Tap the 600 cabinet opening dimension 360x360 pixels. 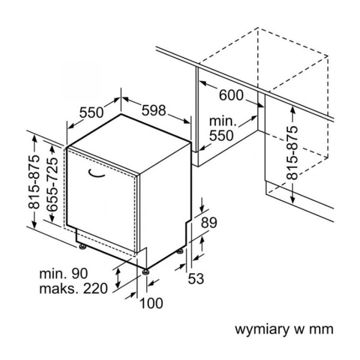[x=231, y=96]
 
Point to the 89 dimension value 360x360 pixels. [x=209, y=223]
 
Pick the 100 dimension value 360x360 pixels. [x=152, y=303]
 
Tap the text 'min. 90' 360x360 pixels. [x=63, y=274]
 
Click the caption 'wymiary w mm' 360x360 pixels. [x=284, y=329]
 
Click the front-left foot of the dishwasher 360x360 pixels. [x=82, y=246]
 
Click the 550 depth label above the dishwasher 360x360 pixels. [x=91, y=112]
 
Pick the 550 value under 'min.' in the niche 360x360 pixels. [x=220, y=136]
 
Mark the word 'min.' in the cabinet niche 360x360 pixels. [x=223, y=120]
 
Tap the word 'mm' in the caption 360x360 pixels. [x=322, y=329]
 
